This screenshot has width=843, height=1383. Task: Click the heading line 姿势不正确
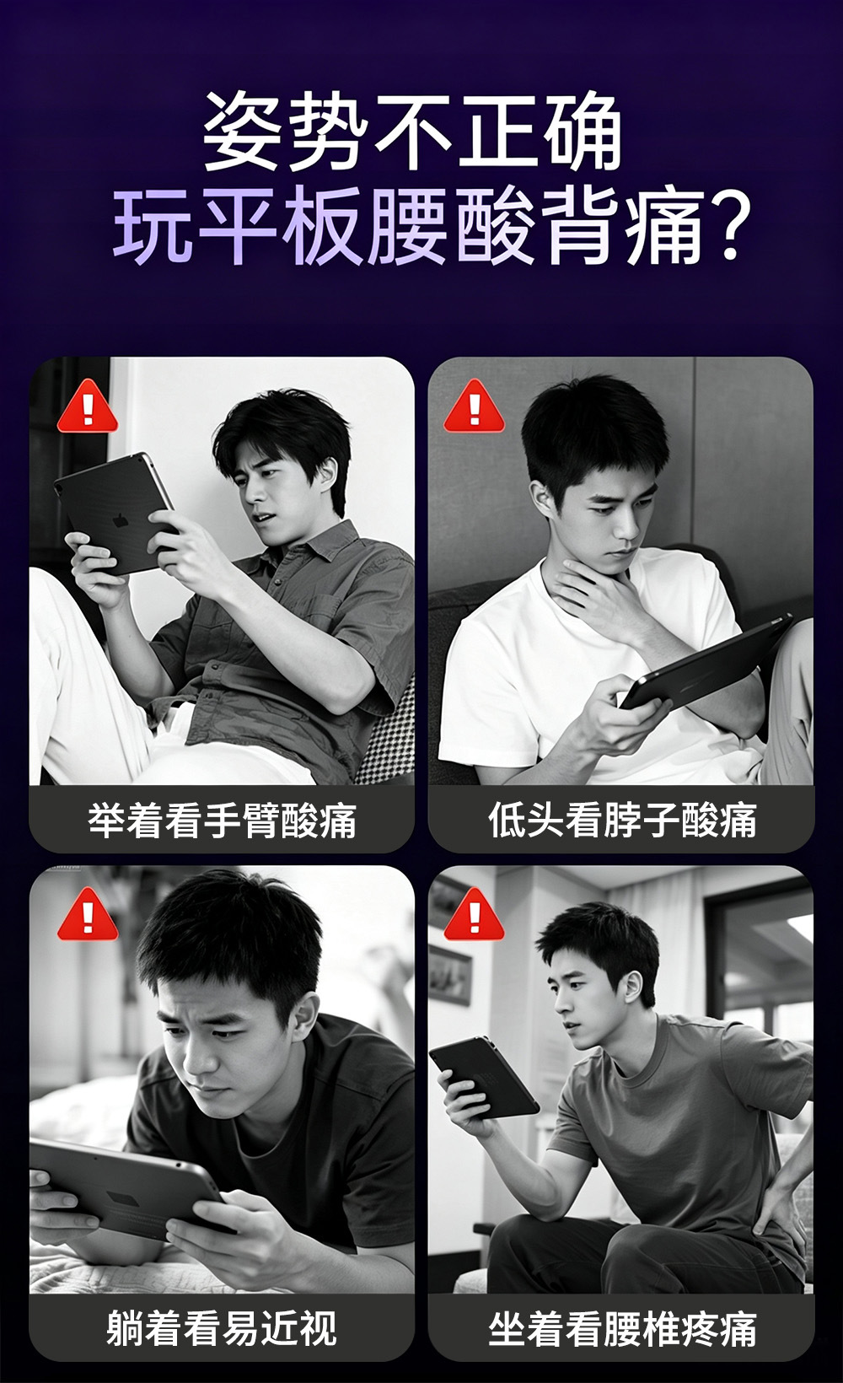[412, 132]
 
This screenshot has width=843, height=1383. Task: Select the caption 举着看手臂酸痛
[223, 821]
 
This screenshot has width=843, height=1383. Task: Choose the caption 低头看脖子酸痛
[622, 821]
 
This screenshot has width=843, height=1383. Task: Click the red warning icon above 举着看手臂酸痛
[88, 406]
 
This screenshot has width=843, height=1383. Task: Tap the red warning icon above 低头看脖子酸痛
[474, 406]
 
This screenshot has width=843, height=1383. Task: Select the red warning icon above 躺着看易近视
[88, 915]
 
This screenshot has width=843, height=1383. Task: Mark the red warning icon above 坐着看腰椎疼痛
[474, 915]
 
